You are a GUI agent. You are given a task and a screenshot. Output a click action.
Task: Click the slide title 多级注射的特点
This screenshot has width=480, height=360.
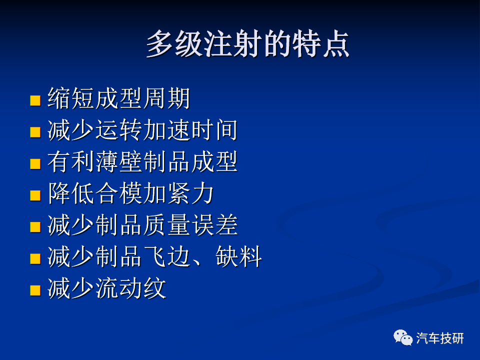click(x=248, y=44)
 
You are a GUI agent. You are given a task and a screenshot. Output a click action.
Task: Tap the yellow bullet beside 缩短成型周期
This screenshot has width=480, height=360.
click(x=35, y=100)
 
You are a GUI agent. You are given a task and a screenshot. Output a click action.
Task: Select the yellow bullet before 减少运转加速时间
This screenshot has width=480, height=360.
click(x=35, y=132)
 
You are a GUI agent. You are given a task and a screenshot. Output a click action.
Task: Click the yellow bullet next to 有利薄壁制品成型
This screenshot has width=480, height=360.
click(x=35, y=164)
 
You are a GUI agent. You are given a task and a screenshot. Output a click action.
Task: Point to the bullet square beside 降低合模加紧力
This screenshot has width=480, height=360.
click(x=35, y=195)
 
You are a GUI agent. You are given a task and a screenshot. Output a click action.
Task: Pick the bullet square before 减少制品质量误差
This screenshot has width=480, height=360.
click(x=35, y=227)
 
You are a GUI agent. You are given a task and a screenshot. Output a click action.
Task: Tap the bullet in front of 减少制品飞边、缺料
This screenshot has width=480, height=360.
click(x=35, y=258)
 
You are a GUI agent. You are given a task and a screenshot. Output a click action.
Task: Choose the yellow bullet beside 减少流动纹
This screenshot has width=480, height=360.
click(x=35, y=290)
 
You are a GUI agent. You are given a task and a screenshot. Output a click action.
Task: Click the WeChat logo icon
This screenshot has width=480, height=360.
click(x=403, y=337)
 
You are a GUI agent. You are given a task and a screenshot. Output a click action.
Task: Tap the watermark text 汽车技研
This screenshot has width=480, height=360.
click(x=440, y=338)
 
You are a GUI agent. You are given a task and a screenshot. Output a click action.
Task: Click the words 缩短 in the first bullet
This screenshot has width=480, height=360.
click(x=71, y=98)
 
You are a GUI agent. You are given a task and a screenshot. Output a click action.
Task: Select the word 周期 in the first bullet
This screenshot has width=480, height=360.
click(x=166, y=98)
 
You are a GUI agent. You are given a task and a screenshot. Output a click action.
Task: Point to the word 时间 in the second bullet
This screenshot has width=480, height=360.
click(x=214, y=130)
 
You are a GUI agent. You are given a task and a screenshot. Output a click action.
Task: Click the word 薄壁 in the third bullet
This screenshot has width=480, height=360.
click(x=119, y=161)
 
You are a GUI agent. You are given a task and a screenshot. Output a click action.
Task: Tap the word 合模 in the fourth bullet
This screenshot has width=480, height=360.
click(x=119, y=193)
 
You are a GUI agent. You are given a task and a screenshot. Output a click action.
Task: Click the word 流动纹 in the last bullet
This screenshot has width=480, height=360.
click(x=130, y=288)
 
